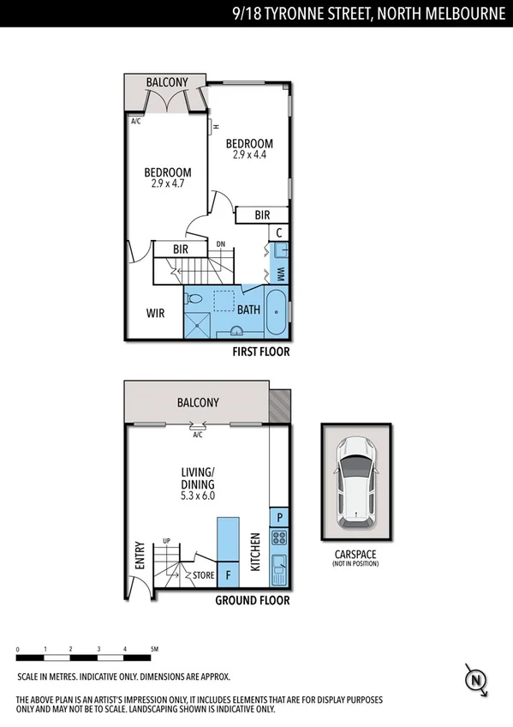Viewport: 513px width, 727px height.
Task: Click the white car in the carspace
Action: tap(356, 484)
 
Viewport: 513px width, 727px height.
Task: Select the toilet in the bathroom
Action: tap(195, 300)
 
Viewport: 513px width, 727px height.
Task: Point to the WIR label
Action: tap(155, 314)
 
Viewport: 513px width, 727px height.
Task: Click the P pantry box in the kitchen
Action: tap(279, 517)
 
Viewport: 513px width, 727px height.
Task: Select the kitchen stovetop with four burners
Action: tap(279, 539)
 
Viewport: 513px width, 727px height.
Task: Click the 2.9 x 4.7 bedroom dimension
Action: tap(167, 183)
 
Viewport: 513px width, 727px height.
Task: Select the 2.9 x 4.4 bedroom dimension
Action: tap(249, 155)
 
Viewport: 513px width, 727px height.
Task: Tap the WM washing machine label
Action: tap(280, 273)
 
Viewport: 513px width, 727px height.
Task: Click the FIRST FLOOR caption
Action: tap(261, 351)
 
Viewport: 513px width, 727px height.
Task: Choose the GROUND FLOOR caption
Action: tap(252, 600)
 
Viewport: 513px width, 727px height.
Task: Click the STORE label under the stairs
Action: tap(204, 575)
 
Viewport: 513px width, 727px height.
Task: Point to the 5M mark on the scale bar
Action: tap(154, 649)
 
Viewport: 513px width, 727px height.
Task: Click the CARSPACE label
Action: tap(356, 555)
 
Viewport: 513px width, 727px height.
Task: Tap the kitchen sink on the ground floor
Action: tap(279, 567)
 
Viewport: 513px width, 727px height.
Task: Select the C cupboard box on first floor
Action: tap(279, 232)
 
